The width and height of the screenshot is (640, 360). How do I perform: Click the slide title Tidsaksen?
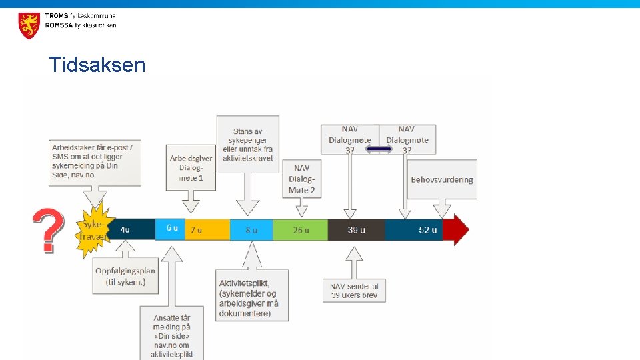(x=97, y=65)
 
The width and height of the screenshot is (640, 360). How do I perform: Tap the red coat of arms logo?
(x=29, y=25)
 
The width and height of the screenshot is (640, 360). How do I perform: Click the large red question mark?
(x=49, y=230)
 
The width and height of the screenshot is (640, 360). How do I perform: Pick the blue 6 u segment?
(x=171, y=229)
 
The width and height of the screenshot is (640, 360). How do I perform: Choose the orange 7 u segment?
(x=207, y=230)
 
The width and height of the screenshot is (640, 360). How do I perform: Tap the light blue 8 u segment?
(x=251, y=230)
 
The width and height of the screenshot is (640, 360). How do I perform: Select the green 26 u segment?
(x=301, y=230)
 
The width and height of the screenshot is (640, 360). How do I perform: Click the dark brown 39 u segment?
(x=356, y=230)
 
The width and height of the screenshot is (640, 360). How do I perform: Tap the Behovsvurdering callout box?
(x=442, y=179)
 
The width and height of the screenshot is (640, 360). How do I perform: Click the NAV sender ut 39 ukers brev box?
(x=354, y=291)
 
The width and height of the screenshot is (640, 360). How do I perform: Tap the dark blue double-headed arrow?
(x=379, y=149)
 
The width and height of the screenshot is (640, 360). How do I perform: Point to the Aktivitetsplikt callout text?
(x=251, y=294)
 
